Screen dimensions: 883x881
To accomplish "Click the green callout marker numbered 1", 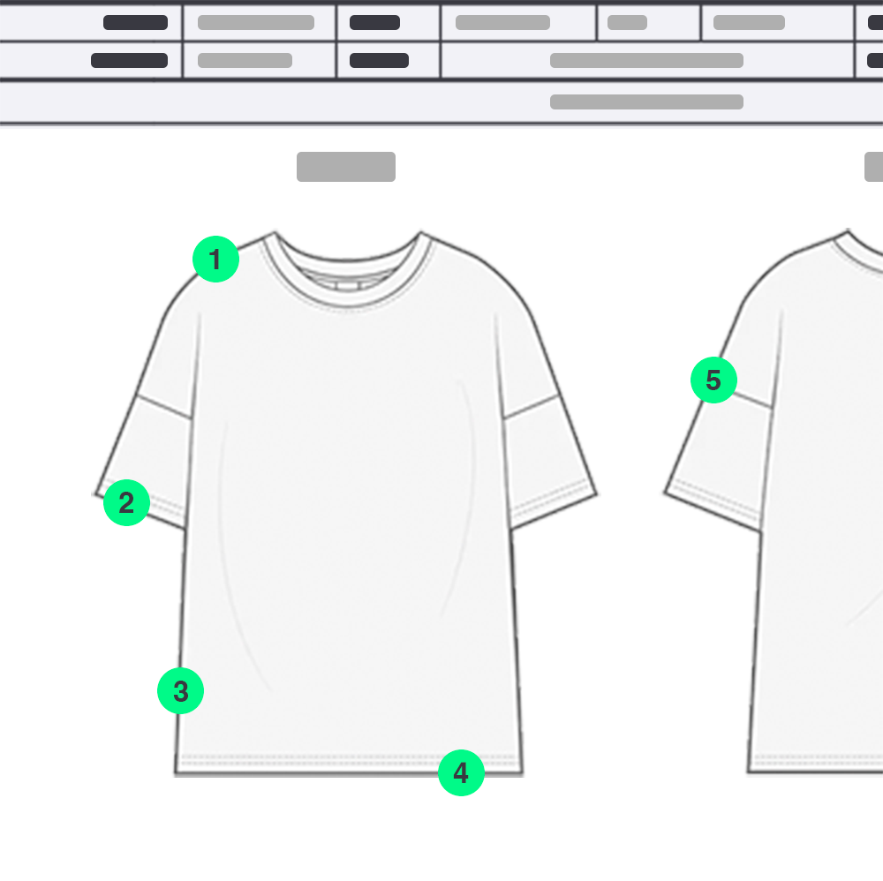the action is click(x=215, y=259).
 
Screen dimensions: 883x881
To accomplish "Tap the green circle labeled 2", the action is click(x=126, y=502).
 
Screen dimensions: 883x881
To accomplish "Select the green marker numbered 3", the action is click(x=180, y=690).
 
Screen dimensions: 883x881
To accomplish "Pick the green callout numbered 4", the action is click(x=461, y=772).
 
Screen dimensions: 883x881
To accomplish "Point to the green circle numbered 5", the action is click(x=713, y=380).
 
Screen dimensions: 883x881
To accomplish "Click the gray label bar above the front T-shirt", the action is click(x=346, y=167).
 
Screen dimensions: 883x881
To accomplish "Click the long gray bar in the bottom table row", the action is click(x=646, y=102).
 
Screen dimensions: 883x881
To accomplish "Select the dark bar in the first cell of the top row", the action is click(x=135, y=23).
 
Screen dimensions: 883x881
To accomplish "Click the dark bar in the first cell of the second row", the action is click(x=129, y=60).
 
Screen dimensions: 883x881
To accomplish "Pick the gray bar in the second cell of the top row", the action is click(x=256, y=23).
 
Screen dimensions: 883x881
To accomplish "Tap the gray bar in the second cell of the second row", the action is click(x=245, y=60).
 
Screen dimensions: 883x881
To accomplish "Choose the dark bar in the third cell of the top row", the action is click(x=374, y=23).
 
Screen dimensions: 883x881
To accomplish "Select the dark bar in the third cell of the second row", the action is click(x=379, y=60).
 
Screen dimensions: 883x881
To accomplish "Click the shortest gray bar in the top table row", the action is click(x=627, y=23).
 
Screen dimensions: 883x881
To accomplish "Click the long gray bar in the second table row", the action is click(x=646, y=60).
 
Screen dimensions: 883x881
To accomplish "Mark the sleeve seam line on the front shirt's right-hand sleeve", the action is click(x=531, y=406).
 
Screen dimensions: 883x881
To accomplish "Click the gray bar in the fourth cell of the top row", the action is click(x=502, y=23).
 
